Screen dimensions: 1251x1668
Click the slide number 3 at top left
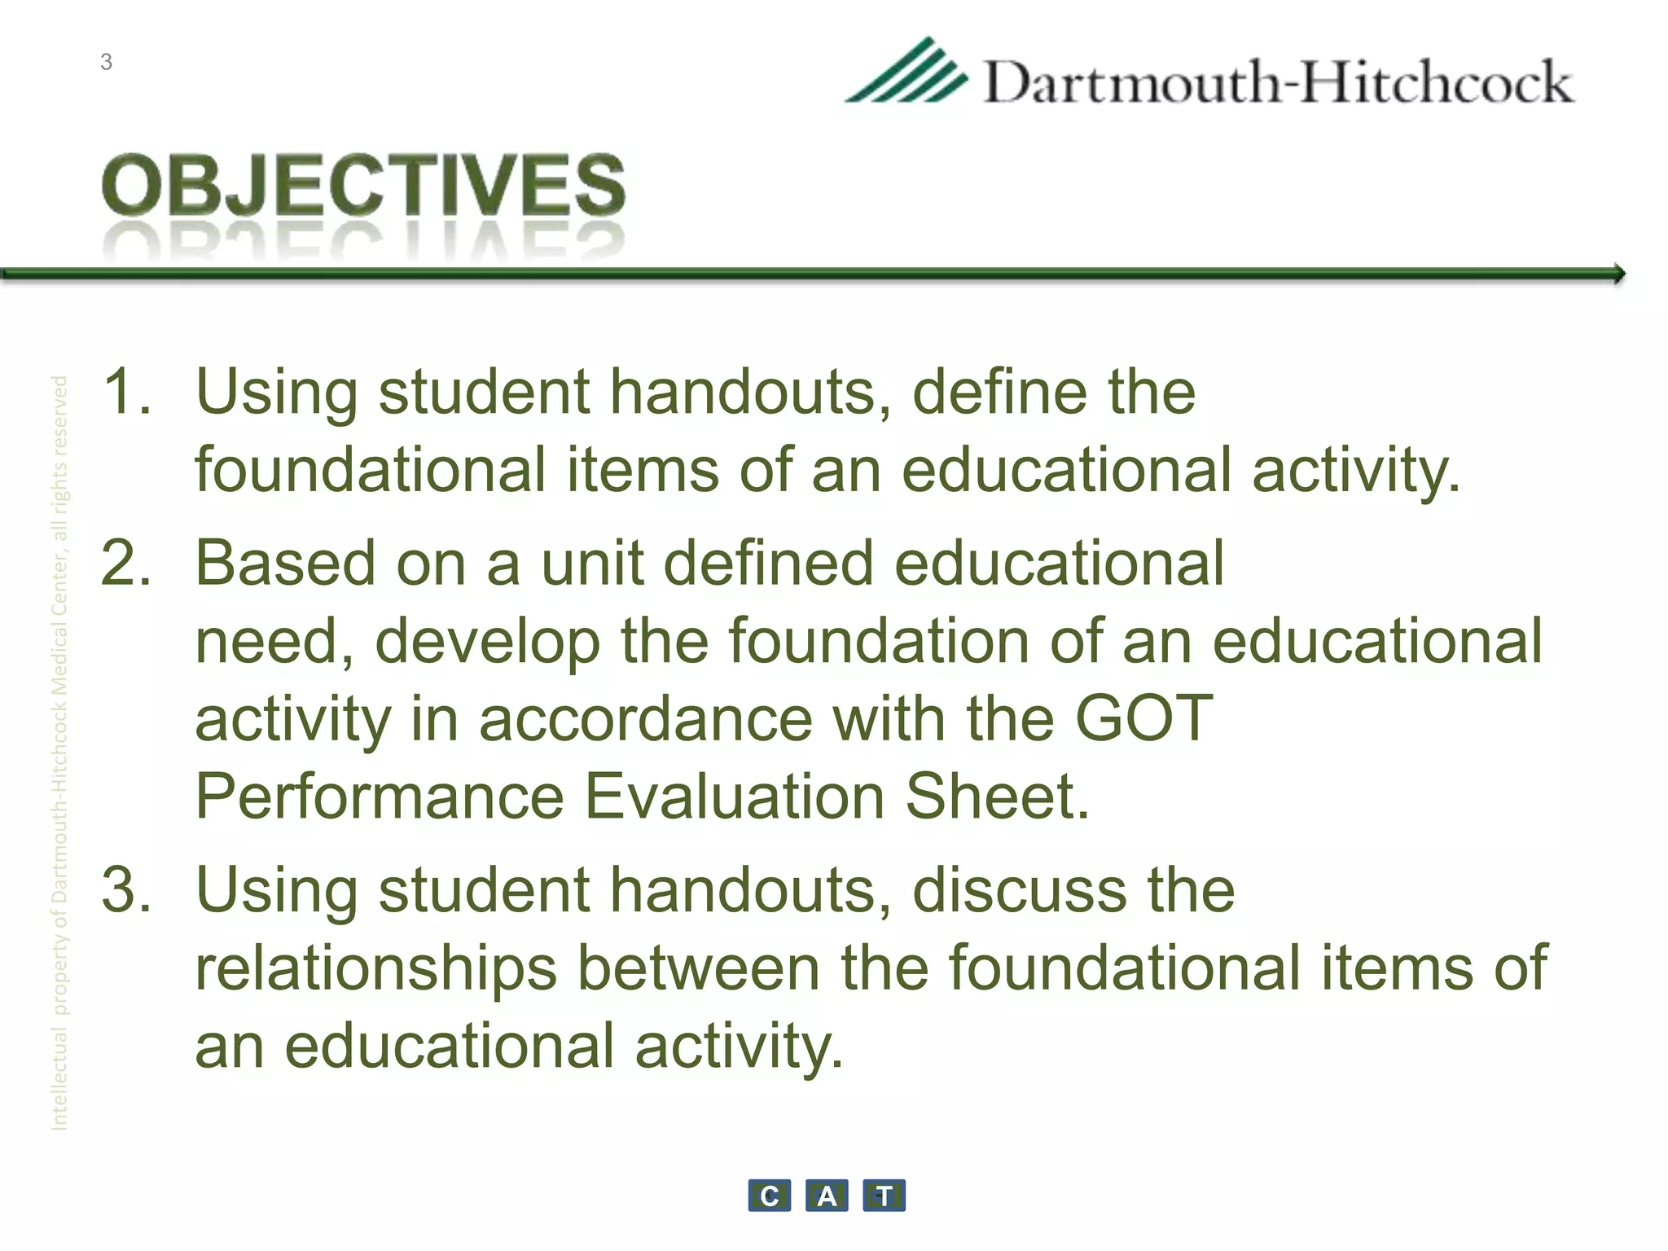(x=106, y=63)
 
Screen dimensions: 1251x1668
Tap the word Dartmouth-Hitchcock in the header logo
(x=1279, y=83)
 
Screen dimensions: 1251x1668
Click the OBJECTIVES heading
(x=363, y=186)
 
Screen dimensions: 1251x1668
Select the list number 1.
(x=126, y=392)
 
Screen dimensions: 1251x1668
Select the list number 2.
(x=126, y=563)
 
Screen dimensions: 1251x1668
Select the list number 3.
(x=126, y=890)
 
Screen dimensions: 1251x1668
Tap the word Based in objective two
(x=285, y=563)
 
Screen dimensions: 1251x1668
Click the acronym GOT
(x=1143, y=719)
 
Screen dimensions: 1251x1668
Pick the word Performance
(x=380, y=797)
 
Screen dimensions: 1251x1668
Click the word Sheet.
(x=997, y=797)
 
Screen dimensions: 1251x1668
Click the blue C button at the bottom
(x=769, y=1196)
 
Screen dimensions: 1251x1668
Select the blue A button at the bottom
(x=827, y=1196)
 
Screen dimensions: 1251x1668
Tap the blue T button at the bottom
(x=884, y=1196)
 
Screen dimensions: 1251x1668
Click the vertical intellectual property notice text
(x=59, y=753)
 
